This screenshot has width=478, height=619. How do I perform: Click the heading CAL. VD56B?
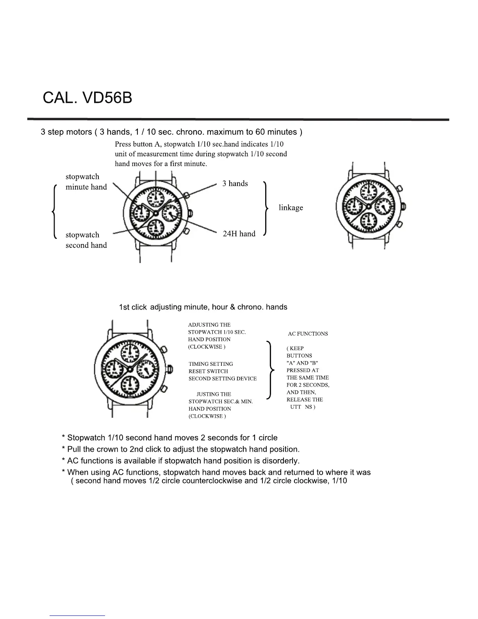coord(87,98)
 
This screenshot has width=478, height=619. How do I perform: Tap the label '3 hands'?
coord(235,184)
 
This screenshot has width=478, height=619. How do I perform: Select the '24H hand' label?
coord(239,234)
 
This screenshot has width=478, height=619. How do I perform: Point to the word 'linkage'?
coord(291,208)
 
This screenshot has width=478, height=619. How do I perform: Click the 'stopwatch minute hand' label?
coord(86,182)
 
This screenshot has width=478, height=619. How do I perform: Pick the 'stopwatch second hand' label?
coord(86,240)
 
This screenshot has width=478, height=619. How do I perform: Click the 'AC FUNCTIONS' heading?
coord(308,334)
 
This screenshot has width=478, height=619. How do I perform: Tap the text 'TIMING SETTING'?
coord(210,364)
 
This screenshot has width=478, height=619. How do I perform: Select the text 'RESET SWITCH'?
coord(208,371)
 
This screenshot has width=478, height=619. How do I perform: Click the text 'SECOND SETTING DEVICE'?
coord(223,379)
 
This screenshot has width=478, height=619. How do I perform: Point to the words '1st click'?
coord(133,307)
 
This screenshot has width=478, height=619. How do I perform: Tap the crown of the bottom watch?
coord(170,369)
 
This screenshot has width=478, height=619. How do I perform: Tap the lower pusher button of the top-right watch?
coord(400,225)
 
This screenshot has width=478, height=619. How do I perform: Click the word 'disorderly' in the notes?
coord(281,461)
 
